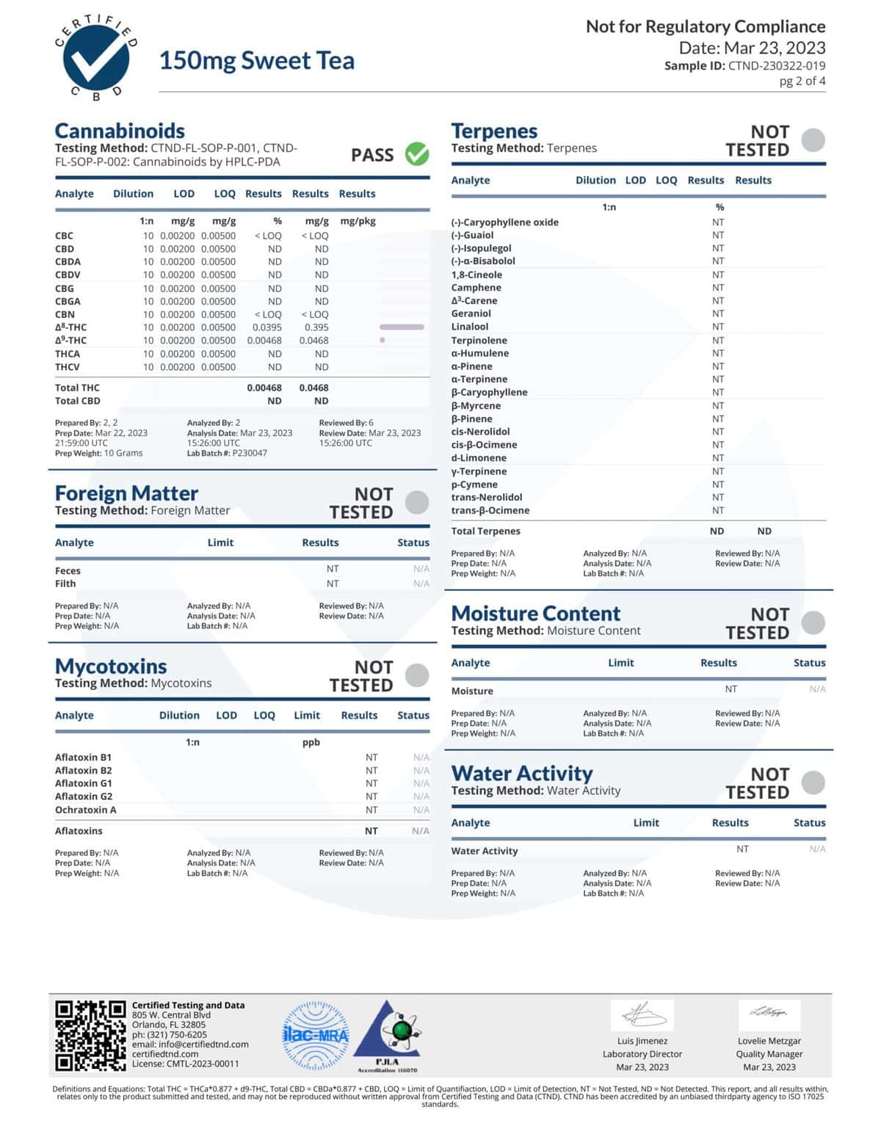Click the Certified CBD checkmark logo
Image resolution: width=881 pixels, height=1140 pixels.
(x=95, y=59)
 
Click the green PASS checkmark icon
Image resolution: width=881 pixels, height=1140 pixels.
(x=417, y=154)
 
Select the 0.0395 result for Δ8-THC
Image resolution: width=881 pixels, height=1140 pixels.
(x=267, y=327)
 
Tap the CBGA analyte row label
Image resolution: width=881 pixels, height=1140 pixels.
(x=68, y=301)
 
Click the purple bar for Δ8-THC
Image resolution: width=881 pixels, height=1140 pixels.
(x=402, y=327)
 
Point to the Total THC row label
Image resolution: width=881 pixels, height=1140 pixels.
(x=77, y=388)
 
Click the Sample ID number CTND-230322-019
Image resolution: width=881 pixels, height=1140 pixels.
(x=776, y=65)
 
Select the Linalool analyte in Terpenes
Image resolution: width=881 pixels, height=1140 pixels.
(x=470, y=327)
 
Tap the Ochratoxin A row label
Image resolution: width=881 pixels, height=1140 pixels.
(x=85, y=810)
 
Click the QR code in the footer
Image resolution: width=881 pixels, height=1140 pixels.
(x=90, y=1035)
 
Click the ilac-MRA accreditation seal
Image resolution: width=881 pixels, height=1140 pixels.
(x=316, y=1036)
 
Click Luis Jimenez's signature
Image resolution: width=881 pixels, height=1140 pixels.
(x=642, y=1015)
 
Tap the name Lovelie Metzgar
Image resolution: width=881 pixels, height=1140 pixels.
(x=769, y=1041)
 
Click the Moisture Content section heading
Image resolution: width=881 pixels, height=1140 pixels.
(x=536, y=614)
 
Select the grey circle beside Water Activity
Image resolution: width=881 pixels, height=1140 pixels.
(x=813, y=783)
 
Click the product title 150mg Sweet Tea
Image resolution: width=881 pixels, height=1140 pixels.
(x=256, y=60)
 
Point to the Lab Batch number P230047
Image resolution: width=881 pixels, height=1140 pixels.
(x=250, y=453)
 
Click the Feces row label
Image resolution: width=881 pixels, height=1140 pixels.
(x=68, y=570)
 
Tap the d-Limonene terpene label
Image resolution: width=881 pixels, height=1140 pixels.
(x=479, y=458)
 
